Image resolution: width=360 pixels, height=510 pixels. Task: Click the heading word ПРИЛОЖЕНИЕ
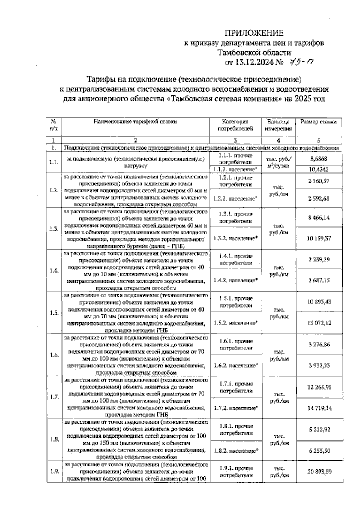pos(254,33)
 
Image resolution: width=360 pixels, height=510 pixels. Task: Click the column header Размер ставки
pos(319,122)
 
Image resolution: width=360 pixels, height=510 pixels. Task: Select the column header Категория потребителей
pos(235,125)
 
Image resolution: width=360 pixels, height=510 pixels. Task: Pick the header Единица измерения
pos(278,125)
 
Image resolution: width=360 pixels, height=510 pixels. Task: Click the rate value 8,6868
pos(319,159)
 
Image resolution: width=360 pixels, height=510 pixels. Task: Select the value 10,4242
pos(319,169)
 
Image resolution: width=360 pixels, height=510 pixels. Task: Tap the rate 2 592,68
pos(319,198)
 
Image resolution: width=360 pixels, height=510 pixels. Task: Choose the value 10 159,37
pos(319,238)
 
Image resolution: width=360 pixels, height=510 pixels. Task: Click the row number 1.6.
pos(54,355)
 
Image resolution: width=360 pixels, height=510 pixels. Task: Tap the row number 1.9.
pos(54,471)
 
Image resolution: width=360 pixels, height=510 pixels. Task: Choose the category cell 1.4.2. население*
pos(236,280)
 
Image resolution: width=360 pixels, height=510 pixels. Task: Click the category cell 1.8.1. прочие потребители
pos(236,430)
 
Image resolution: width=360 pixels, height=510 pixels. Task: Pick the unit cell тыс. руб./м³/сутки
pos(278,162)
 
